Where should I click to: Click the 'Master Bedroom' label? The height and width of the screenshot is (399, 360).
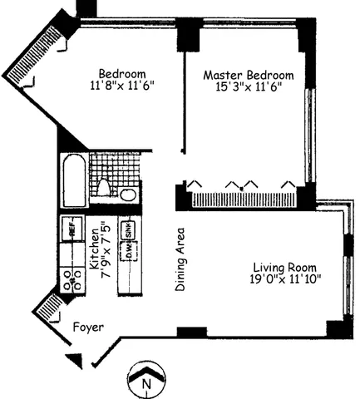tap(249, 75)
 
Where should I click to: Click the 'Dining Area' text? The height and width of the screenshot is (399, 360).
tap(180, 260)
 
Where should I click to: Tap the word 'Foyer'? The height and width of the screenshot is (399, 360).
tap(87, 328)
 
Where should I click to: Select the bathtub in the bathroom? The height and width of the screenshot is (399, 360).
tap(72, 183)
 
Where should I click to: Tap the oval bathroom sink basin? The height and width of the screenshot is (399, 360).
tap(127, 195)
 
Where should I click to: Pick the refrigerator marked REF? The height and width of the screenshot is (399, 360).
tap(72, 226)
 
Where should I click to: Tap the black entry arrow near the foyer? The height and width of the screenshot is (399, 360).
tap(76, 358)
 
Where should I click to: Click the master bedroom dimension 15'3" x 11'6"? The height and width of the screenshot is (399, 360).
tap(249, 86)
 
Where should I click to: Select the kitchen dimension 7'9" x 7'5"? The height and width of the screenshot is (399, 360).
tap(106, 254)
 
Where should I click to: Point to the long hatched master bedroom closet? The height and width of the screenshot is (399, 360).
tap(241, 199)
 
